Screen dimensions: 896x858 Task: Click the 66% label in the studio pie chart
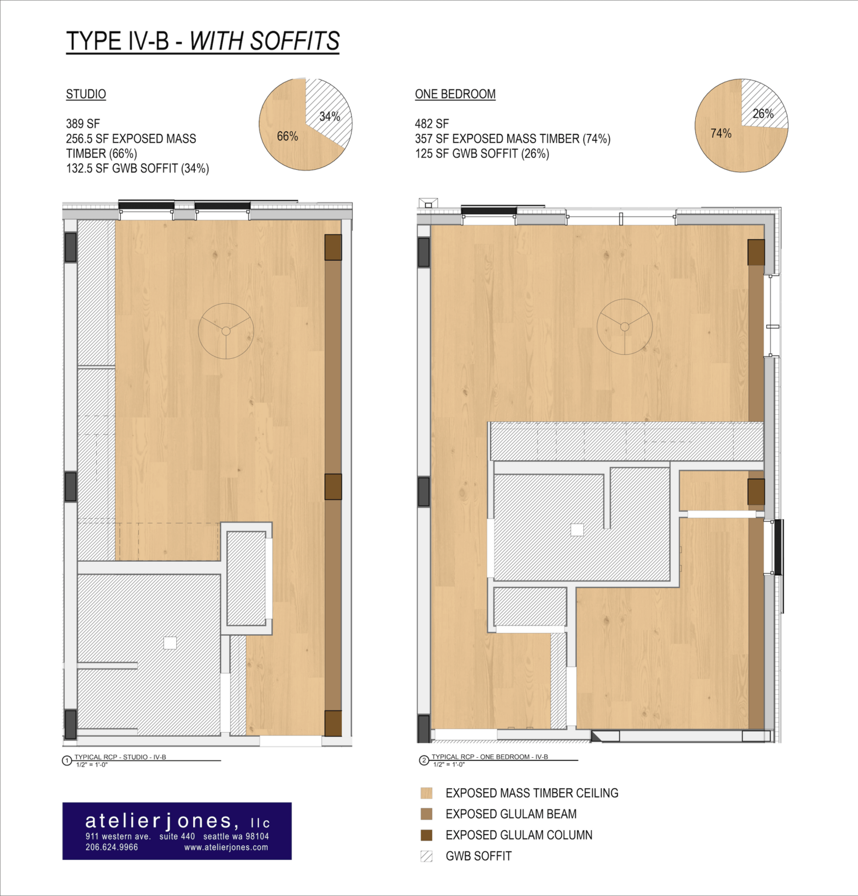tap(287, 136)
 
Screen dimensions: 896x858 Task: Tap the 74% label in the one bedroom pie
tap(721, 134)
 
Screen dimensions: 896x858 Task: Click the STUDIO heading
tap(86, 94)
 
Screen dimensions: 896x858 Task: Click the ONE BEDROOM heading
tap(455, 94)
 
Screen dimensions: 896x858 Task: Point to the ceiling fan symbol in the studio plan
tap(226, 331)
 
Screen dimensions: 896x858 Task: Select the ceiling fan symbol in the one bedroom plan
tap(625, 327)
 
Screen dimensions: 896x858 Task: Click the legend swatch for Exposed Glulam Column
tap(426, 835)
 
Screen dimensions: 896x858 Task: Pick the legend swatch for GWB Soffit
tap(426, 856)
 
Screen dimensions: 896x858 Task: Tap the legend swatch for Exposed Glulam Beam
tap(426, 814)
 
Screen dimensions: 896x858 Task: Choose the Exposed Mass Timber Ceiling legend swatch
tap(426, 793)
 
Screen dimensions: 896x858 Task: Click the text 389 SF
tap(83, 124)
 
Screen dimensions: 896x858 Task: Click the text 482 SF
tap(432, 124)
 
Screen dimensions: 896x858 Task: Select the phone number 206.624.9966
tap(112, 848)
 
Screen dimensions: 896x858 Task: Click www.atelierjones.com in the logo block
tap(226, 848)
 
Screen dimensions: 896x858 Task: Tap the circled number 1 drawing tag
tap(67, 761)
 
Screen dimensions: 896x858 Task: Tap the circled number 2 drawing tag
tap(424, 761)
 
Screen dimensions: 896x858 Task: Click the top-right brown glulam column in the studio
tap(333, 247)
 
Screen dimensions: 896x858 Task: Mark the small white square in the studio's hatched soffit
tap(170, 642)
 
